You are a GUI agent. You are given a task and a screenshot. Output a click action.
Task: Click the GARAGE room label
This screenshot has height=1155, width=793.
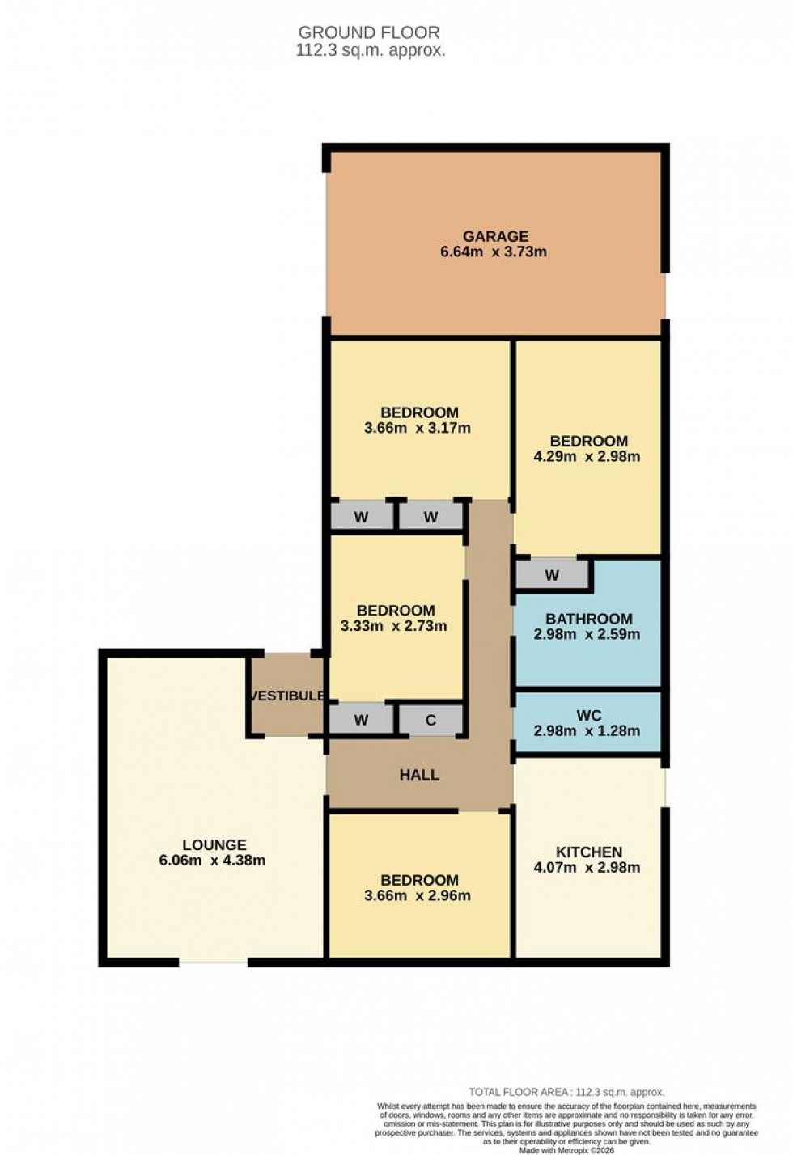495,236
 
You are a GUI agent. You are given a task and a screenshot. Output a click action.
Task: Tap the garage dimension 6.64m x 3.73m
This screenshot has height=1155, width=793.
493,252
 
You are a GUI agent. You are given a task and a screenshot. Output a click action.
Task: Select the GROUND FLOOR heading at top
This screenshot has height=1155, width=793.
369,32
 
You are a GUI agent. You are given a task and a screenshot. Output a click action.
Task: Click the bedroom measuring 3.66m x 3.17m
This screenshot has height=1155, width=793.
418,420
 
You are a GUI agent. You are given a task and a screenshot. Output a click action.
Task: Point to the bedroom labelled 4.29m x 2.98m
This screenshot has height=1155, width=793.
587,449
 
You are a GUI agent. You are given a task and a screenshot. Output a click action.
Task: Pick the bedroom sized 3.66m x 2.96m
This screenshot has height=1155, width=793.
418,888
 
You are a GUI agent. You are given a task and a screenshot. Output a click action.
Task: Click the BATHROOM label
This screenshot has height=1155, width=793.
588,619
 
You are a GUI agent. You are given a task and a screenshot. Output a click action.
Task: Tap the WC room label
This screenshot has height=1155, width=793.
588,716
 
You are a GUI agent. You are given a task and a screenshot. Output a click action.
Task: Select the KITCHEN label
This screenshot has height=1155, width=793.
588,852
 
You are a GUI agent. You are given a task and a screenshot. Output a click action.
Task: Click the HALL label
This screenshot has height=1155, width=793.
419,775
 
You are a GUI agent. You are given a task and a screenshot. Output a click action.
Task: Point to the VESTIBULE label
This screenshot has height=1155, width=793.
287,696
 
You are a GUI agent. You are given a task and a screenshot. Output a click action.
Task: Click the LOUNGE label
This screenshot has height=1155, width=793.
214,845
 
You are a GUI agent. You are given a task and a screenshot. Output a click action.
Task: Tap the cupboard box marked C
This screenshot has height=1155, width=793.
430,720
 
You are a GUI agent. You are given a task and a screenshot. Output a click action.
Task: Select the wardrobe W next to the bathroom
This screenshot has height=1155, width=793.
552,576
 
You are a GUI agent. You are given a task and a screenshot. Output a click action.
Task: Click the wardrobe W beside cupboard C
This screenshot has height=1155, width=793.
361,720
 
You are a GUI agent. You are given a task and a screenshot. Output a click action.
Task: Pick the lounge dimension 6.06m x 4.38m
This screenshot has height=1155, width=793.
212,861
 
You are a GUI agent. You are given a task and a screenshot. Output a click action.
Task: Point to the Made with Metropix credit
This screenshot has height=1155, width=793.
566,1149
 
